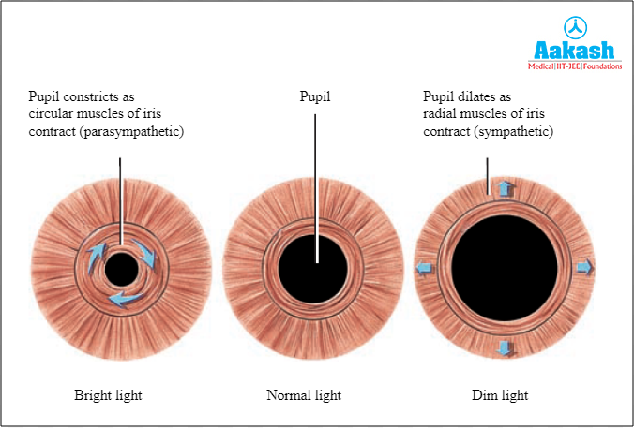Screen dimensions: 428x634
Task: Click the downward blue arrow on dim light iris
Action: pyautogui.click(x=506, y=347)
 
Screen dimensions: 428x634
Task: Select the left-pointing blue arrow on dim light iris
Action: pyautogui.click(x=425, y=268)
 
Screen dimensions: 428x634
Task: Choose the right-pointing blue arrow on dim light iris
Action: pyautogui.click(x=584, y=267)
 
